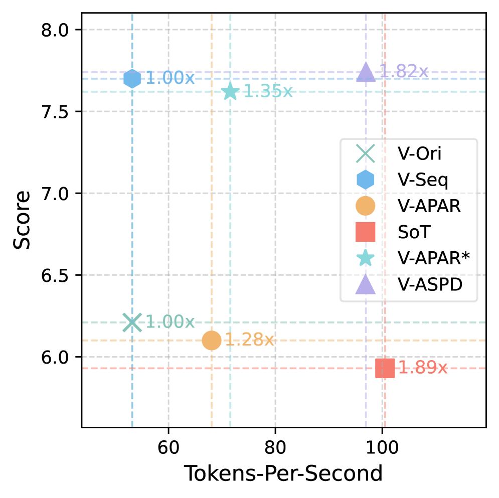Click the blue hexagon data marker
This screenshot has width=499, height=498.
tap(132, 79)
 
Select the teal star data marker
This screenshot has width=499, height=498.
tap(230, 92)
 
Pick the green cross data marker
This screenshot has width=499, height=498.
tap(132, 322)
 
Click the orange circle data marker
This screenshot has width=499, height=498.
tap(212, 341)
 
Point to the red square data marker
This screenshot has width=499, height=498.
tap(385, 368)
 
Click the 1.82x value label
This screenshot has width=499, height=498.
tap(404, 72)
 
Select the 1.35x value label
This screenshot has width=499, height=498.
tap(268, 92)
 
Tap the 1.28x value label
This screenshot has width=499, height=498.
tap(249, 340)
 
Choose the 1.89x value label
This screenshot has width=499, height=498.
tap(422, 368)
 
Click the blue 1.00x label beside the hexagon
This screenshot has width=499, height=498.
tap(170, 79)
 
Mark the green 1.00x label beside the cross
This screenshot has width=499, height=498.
tap(170, 322)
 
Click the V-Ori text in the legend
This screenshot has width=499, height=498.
tap(420, 154)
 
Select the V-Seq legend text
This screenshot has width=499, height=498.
tap(423, 180)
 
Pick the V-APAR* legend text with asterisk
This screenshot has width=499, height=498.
tap(434, 258)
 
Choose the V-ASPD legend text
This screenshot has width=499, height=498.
tap(430, 285)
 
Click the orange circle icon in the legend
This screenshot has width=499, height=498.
tap(365, 206)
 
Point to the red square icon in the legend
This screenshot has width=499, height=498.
tap(365, 232)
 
